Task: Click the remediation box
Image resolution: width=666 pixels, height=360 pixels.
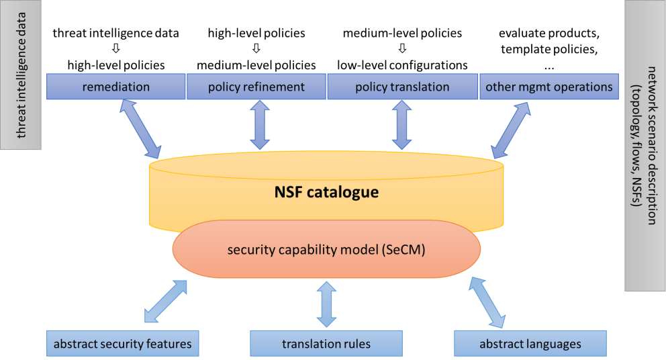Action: coord(115,87)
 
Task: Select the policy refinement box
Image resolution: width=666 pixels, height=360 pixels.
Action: coord(256,87)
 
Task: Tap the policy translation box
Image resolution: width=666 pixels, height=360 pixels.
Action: coord(401,87)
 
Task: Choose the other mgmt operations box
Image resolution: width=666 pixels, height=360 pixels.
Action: coord(549,87)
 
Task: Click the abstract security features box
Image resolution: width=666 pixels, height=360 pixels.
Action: coord(123,344)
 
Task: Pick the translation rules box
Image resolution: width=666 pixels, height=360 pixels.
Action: coord(326,344)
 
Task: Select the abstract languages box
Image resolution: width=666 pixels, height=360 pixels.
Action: coord(530,344)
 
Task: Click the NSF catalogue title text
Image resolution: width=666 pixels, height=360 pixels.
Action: coord(326,193)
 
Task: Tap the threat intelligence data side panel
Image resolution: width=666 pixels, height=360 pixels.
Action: coord(21,75)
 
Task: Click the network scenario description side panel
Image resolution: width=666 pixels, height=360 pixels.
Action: coord(645,145)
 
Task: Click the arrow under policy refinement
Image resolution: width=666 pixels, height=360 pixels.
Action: coord(260,125)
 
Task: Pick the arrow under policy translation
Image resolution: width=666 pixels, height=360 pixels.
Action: coord(401,125)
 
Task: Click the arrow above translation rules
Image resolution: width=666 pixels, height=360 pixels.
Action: coord(327,304)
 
